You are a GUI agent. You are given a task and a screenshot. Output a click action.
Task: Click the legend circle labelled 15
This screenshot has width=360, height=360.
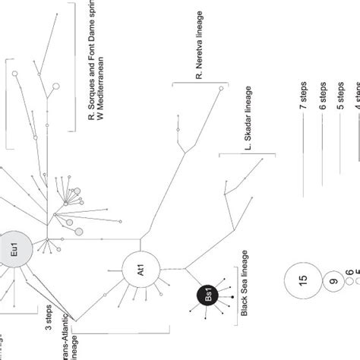pyautogui.click(x=303, y=280)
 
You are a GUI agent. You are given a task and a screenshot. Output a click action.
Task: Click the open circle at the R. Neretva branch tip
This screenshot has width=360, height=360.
pyautogui.click(x=221, y=90)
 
